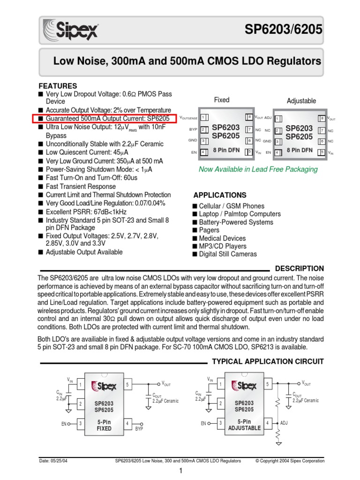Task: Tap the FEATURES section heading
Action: coord(58,86)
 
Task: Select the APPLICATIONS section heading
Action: coord(220,195)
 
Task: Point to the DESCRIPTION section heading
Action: coord(299,269)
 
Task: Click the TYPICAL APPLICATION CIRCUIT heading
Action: coord(268,361)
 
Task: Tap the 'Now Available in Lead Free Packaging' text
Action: coord(258,169)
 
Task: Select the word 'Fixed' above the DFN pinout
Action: coord(222,100)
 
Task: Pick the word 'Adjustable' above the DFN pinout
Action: coord(301,101)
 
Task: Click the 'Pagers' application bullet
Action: coord(209,230)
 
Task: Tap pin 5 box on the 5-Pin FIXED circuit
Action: coord(127,385)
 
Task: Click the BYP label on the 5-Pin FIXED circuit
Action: coord(139,429)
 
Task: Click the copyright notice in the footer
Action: coord(290,461)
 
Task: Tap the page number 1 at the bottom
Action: coord(180,472)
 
